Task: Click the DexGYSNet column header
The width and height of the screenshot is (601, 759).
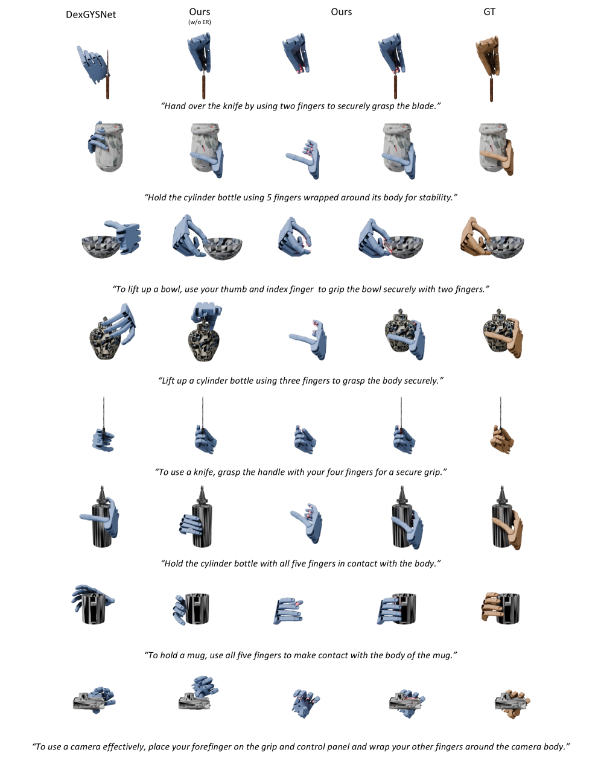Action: pyautogui.click(x=91, y=14)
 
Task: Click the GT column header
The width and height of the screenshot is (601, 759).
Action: pyautogui.click(x=489, y=11)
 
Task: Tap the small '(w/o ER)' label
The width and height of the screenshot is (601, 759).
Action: pyautogui.click(x=200, y=22)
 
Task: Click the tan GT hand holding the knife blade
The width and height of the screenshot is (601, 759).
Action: pyautogui.click(x=488, y=55)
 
